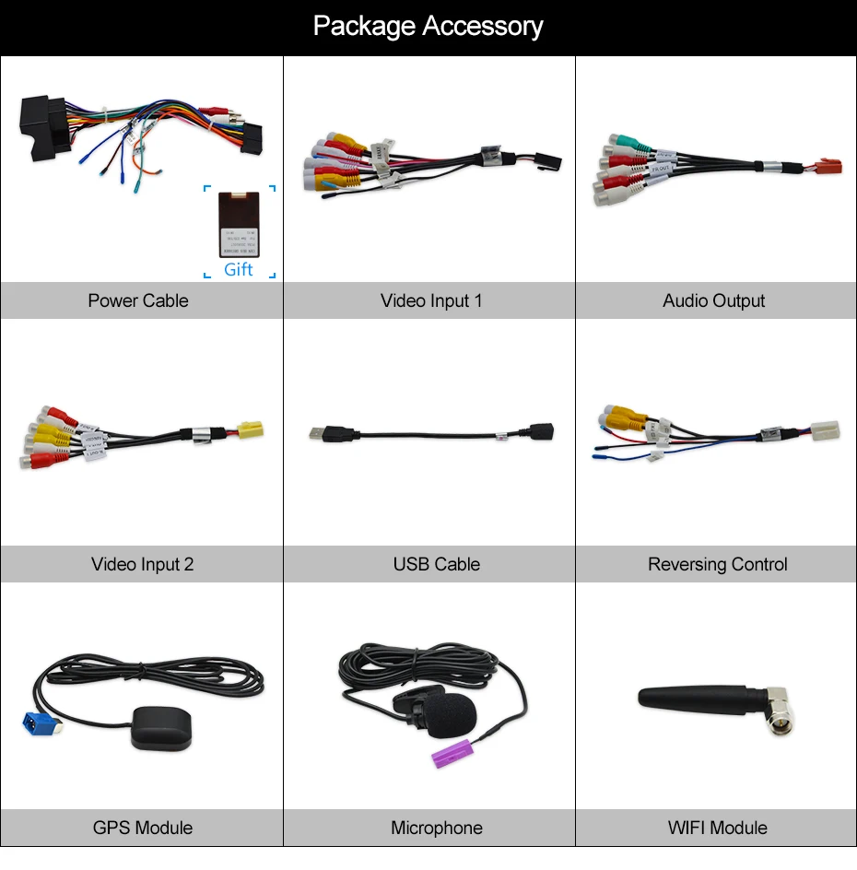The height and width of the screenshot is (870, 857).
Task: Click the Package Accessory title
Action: pos(428,26)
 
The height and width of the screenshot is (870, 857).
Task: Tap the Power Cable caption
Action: pos(138,300)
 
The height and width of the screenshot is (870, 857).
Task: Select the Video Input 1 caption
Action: pos(430,300)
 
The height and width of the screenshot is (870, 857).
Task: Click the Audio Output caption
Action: pos(713,300)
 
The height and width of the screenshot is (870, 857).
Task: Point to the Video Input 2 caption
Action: pos(142,564)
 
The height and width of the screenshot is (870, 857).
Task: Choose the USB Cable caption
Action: pos(436,564)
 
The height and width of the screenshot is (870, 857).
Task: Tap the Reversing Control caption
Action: pos(717,564)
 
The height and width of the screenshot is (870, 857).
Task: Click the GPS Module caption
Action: pos(143,828)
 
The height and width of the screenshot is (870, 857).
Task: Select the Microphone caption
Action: pos(436,828)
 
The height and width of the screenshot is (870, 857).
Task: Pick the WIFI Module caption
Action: pos(717,828)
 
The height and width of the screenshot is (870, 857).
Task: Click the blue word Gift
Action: pos(238,269)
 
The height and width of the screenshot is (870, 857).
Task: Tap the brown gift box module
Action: pos(238,224)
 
